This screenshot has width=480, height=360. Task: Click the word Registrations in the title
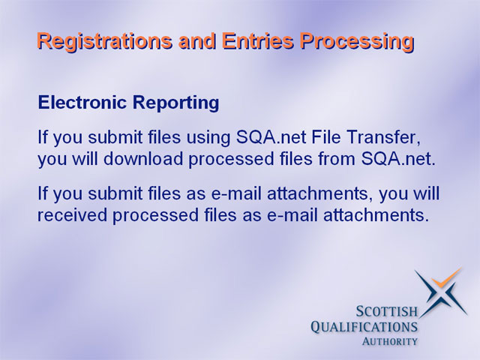[x=104, y=42]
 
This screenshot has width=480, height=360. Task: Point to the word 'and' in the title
[x=197, y=40]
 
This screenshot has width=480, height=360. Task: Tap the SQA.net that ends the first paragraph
[x=398, y=159]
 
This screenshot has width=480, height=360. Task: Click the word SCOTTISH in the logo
[x=387, y=312]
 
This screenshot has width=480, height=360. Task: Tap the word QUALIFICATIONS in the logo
[x=364, y=327]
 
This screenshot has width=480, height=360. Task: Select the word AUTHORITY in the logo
[x=390, y=341]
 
